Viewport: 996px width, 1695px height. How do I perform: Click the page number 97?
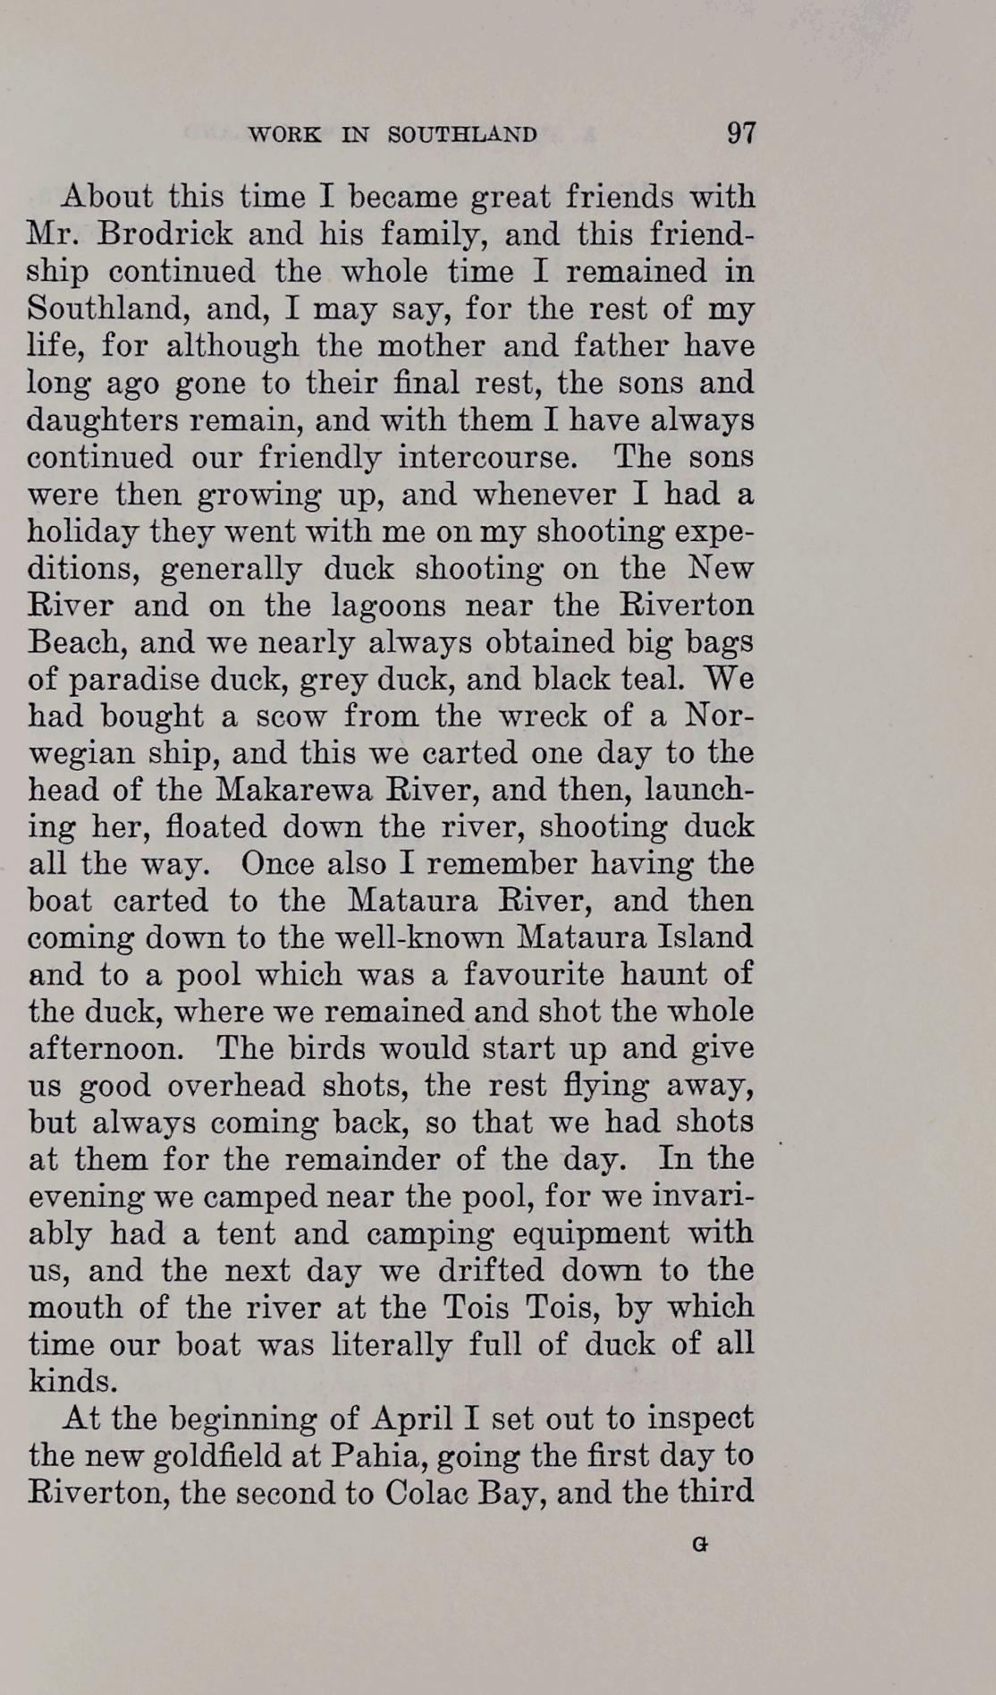741,133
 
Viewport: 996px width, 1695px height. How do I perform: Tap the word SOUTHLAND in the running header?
462,135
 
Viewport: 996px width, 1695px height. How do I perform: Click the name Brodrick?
153,234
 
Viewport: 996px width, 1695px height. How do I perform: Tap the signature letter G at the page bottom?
700,1544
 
